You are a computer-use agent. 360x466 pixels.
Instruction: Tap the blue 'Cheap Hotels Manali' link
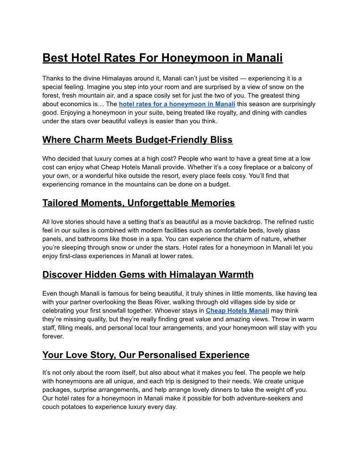237,311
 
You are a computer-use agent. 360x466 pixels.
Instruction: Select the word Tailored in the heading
60,203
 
